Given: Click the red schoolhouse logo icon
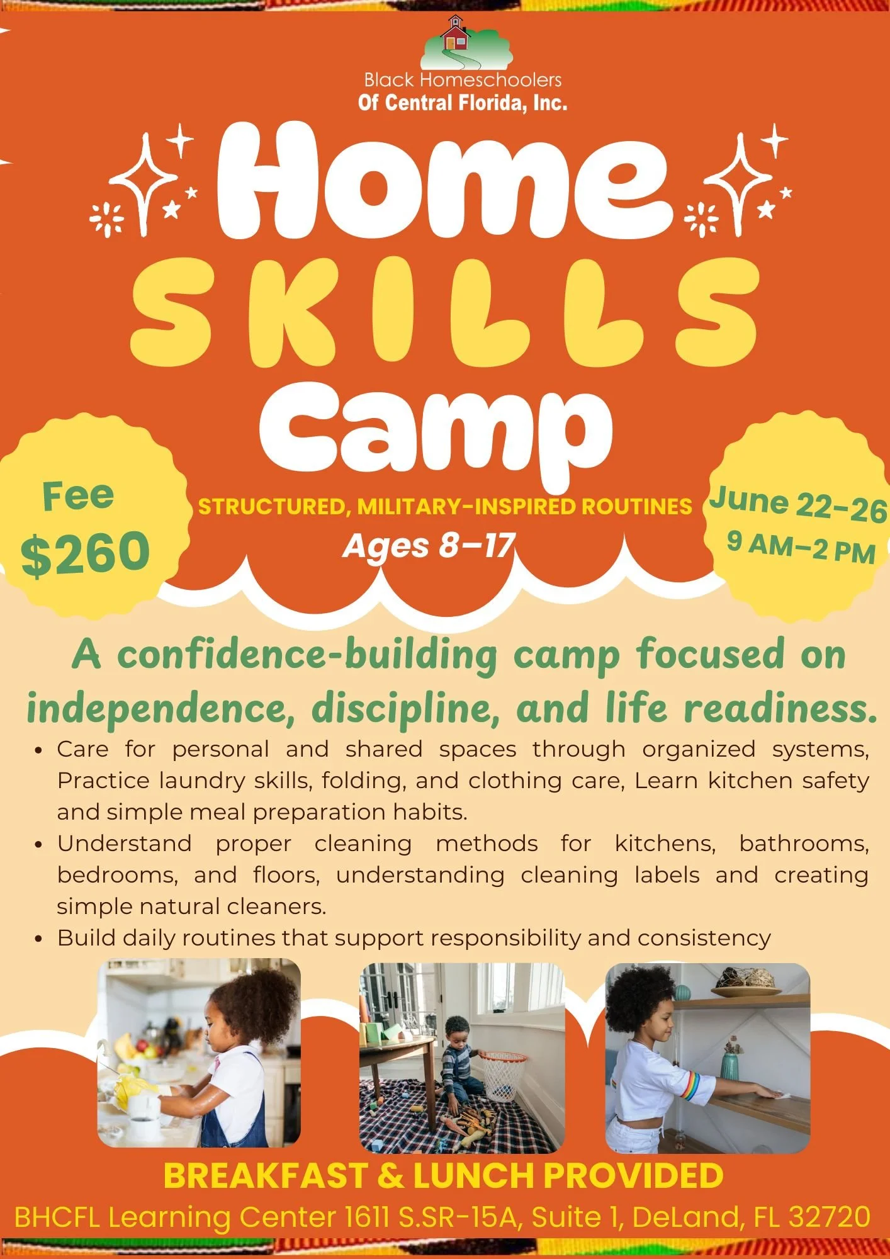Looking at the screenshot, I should (x=455, y=35).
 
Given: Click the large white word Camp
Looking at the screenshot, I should (x=434, y=428).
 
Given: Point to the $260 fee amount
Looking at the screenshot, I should (x=85, y=553).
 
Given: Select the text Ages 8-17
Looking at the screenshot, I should (x=429, y=545).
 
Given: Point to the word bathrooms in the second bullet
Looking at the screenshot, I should (x=804, y=844).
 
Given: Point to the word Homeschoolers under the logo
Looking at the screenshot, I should (x=490, y=80).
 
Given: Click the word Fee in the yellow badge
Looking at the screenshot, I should (x=78, y=496).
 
